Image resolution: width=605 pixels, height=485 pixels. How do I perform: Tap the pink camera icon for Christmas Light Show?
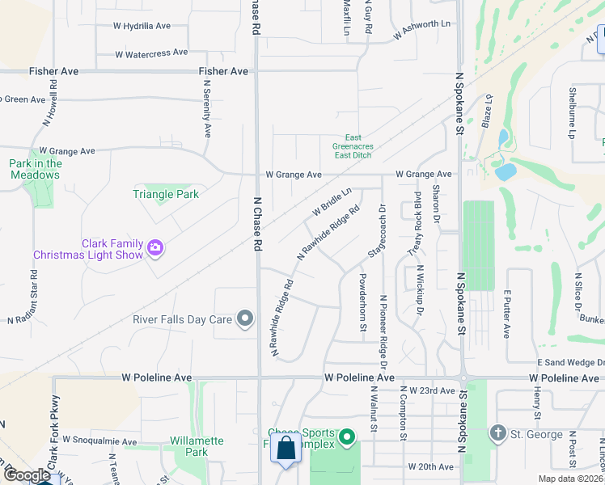pyautogui.click(x=155, y=249)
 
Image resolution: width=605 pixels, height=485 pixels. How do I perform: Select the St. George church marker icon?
pyautogui.click(x=497, y=434)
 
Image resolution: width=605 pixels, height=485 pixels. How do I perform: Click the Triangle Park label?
pyautogui.click(x=166, y=194)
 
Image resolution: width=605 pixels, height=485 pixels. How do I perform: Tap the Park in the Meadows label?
pyautogui.click(x=36, y=169)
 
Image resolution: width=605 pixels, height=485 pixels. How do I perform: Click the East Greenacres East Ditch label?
pyautogui.click(x=353, y=146)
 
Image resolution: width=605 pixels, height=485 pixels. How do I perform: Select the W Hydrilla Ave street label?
pyautogui.click(x=142, y=26)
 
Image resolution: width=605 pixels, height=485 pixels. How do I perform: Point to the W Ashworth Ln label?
pyautogui.click(x=421, y=31)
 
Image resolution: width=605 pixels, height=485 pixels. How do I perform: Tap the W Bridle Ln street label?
pyautogui.click(x=332, y=202)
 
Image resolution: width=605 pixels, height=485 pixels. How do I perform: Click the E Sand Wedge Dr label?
pyautogui.click(x=571, y=365)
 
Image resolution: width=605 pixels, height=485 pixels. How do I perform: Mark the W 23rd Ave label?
pyautogui.click(x=432, y=390)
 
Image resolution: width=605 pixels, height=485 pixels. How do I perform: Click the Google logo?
pyautogui.click(x=27, y=475)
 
